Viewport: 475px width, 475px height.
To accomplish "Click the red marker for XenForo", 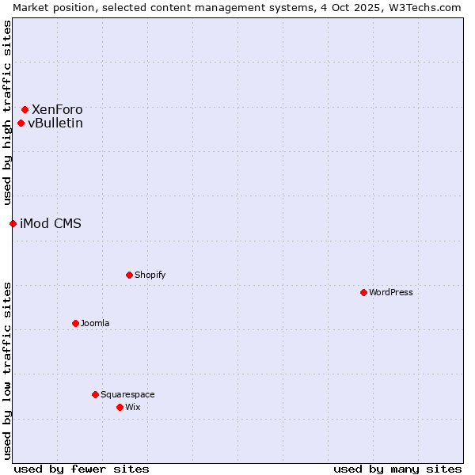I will tap(25, 109).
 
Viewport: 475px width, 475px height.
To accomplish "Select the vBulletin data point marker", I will tap(21, 123).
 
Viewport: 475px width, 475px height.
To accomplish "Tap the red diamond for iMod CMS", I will tap(13, 223).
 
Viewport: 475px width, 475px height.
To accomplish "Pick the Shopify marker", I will tap(129, 275).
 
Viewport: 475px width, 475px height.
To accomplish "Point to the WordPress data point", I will tap(363, 292).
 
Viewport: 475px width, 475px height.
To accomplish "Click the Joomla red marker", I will tap(75, 323).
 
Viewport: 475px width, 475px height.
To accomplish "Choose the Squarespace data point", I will tap(95, 394).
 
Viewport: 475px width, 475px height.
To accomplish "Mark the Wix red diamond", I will tap(120, 407).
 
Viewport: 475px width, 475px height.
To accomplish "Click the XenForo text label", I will tap(57, 109).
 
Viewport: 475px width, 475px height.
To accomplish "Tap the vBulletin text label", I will tap(55, 123).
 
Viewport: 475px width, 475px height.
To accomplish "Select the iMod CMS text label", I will tap(51, 223).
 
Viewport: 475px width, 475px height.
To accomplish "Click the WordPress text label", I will tap(391, 292).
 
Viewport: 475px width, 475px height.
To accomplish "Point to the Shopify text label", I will tap(150, 275).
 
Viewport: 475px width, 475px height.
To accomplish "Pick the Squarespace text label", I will tap(127, 394).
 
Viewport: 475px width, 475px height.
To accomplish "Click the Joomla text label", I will tap(95, 323).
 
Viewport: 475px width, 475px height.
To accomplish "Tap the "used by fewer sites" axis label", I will tap(82, 469).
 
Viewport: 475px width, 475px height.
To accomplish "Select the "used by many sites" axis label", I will tap(397, 469).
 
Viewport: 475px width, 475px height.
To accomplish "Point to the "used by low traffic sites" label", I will tap(7, 370).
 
